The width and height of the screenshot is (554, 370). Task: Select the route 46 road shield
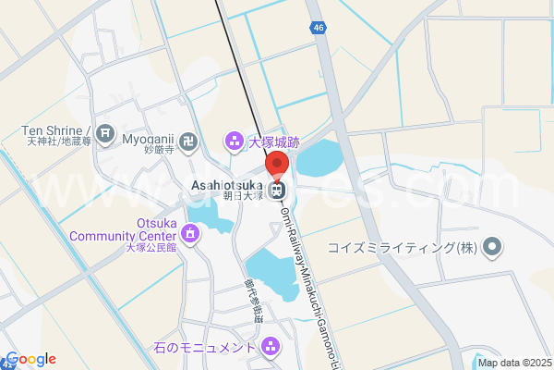coord(319,29)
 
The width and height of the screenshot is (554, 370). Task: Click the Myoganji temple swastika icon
coord(188,141)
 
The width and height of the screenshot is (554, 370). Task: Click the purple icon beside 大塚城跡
coord(233,142)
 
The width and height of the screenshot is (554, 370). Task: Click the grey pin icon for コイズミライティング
coord(492,247)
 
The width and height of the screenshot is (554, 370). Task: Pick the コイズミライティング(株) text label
coord(407,248)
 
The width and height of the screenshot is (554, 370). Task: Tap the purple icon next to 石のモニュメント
coord(271,348)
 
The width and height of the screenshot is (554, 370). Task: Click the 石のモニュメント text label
coord(205,348)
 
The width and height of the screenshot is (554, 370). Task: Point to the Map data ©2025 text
coord(512,363)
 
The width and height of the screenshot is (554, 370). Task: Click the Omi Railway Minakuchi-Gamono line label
coord(304,277)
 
